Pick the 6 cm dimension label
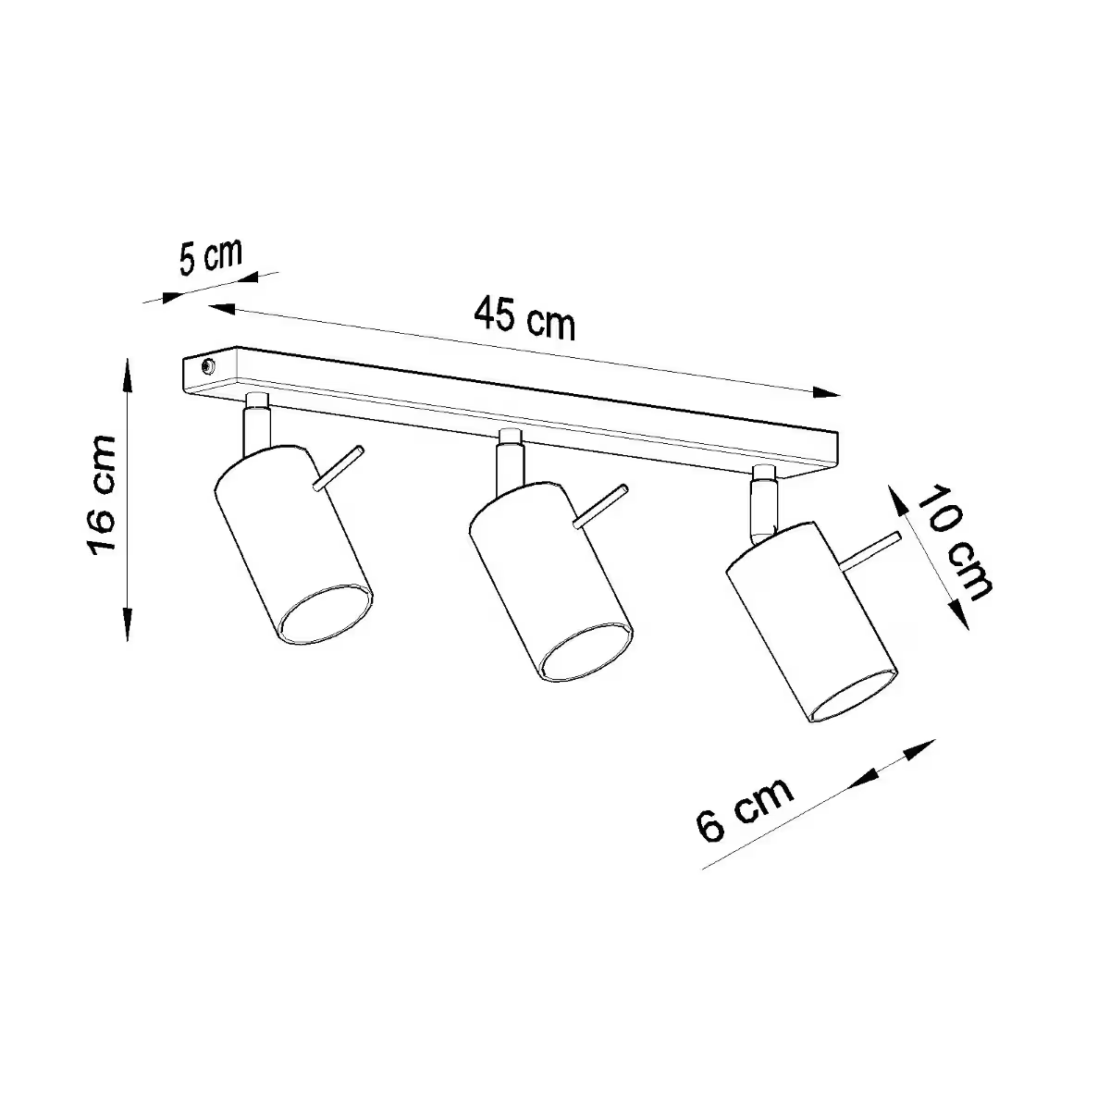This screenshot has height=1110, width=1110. tap(746, 808)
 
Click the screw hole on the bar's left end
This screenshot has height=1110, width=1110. tap(205, 366)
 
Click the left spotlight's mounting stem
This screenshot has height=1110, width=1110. tap(254, 425)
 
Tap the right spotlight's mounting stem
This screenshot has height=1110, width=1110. tap(763, 504)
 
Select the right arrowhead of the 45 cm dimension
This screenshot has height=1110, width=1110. tap(828, 392)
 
